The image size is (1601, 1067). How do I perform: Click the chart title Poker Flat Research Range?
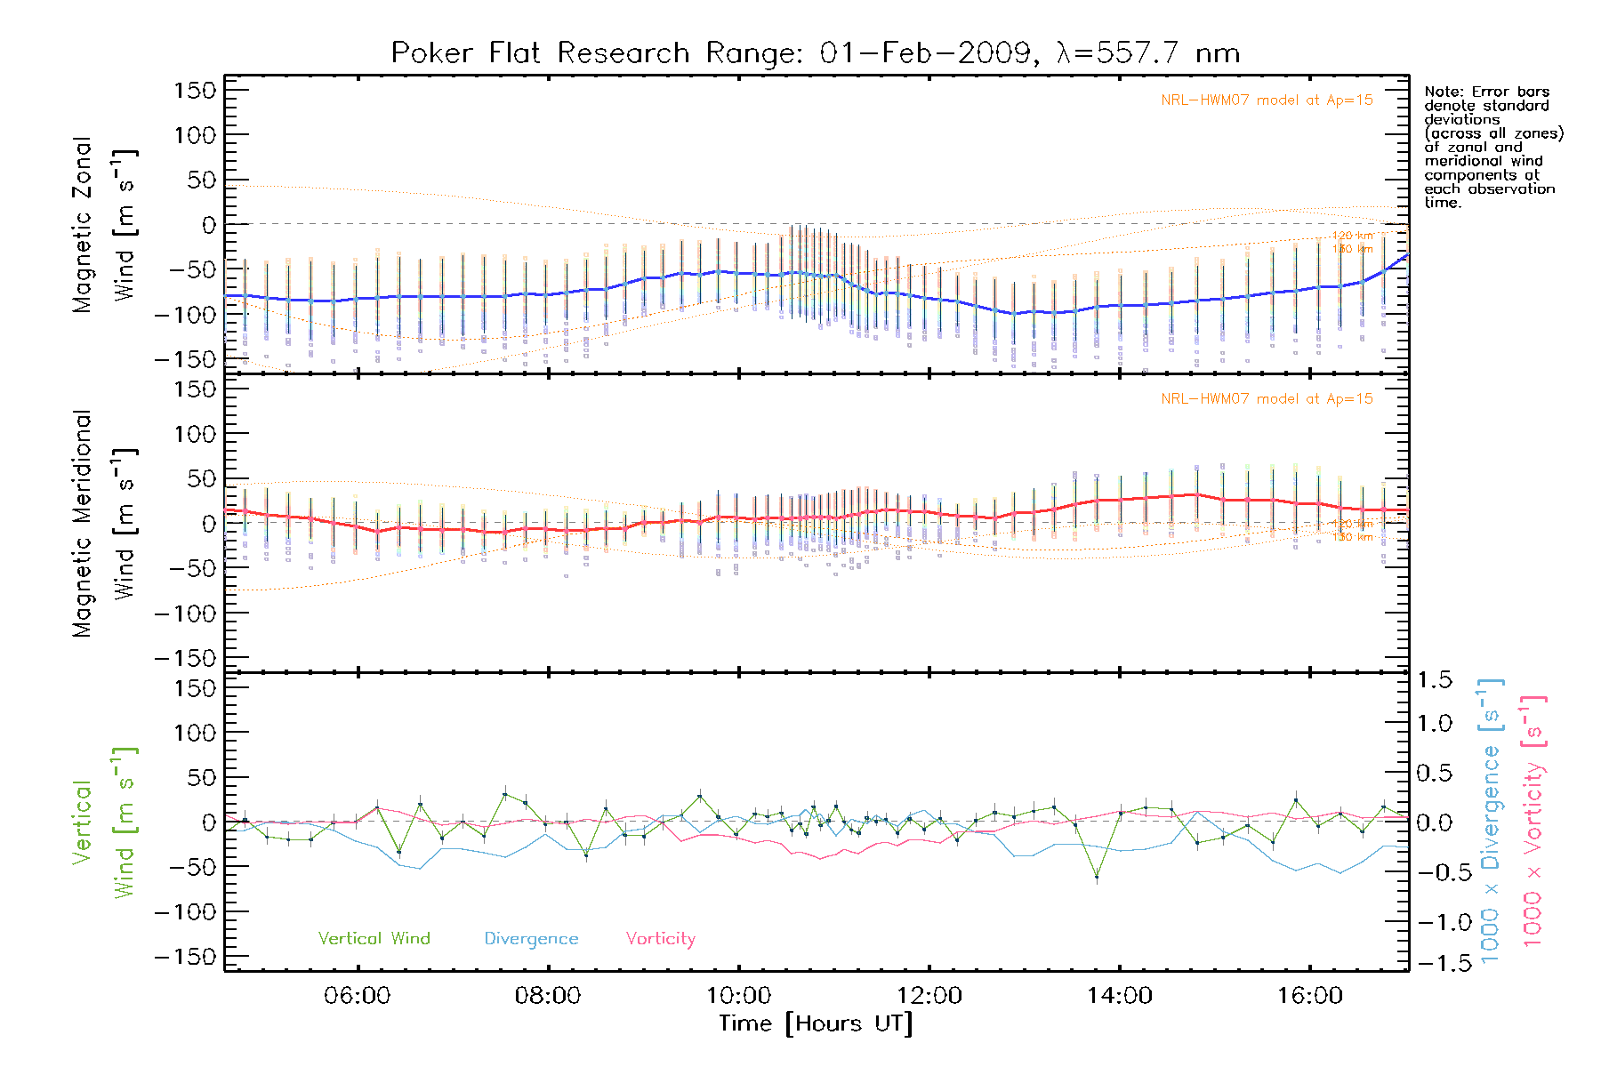pyautogui.click(x=815, y=53)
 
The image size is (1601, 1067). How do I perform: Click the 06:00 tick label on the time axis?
pyautogui.click(x=357, y=995)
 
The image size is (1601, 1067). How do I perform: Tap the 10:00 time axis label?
pyautogui.click(x=738, y=995)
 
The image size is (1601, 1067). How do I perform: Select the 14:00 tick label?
pyautogui.click(x=1119, y=995)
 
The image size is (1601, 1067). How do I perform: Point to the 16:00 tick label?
pyautogui.click(x=1309, y=995)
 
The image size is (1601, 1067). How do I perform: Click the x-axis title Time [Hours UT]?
pyautogui.click(x=816, y=1023)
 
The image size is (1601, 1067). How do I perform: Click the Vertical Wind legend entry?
pyautogui.click(x=374, y=938)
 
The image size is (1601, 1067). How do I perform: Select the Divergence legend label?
pyautogui.click(x=531, y=938)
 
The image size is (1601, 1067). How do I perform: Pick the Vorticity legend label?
pyautogui.click(x=660, y=938)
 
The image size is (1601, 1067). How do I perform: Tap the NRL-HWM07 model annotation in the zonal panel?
pyautogui.click(x=1267, y=100)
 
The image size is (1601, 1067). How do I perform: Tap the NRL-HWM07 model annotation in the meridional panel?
pyautogui.click(x=1267, y=399)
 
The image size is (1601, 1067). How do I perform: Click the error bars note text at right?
pyautogui.click(x=1492, y=147)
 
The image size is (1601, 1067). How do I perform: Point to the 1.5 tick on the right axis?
pyautogui.click(x=1434, y=680)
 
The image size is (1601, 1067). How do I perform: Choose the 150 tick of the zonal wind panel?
pyautogui.click(x=195, y=90)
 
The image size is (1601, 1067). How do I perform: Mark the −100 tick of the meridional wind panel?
pyautogui.click(x=185, y=613)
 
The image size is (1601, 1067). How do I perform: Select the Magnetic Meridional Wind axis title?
pyautogui.click(x=104, y=524)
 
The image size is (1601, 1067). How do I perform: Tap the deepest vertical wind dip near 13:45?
pyautogui.click(x=1097, y=878)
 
